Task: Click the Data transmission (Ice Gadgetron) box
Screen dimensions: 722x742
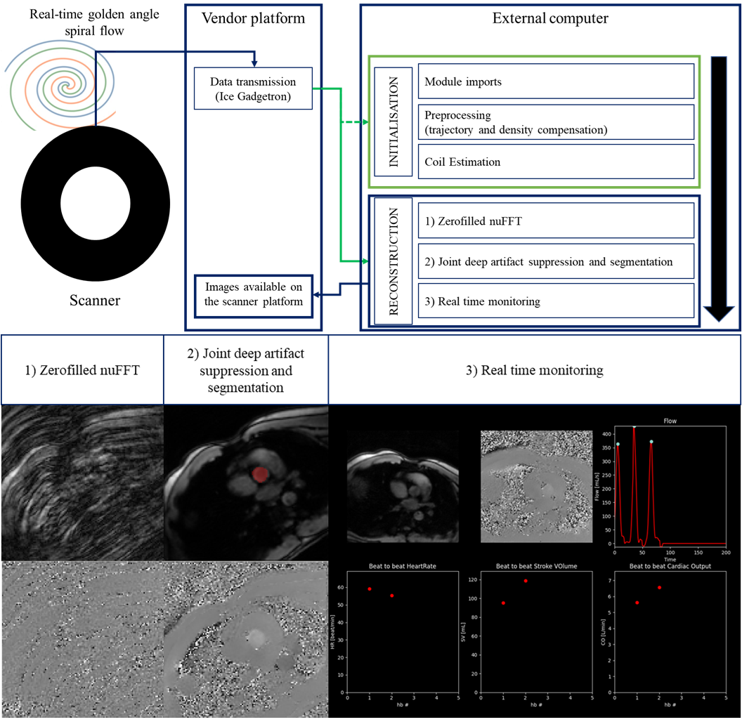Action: (x=252, y=89)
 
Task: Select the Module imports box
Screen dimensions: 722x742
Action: (x=556, y=82)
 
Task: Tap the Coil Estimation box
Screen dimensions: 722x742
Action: (x=556, y=162)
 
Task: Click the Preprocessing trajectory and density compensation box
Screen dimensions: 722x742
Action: (x=556, y=122)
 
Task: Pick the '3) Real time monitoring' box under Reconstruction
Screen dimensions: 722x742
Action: (x=556, y=301)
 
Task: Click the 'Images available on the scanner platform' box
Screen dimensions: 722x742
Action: (x=254, y=294)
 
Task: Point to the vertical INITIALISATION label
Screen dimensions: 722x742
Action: (x=393, y=122)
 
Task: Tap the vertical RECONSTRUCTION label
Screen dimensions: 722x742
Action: (x=393, y=261)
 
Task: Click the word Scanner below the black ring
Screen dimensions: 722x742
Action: (x=95, y=301)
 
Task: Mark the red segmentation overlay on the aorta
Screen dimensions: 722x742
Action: (x=261, y=475)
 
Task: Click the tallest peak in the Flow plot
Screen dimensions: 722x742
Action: (x=634, y=427)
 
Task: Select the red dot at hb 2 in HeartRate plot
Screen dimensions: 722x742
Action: (x=391, y=596)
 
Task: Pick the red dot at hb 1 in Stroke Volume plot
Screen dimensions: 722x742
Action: (x=503, y=603)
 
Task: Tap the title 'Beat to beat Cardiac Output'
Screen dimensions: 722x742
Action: (x=670, y=566)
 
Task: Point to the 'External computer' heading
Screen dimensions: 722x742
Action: (x=550, y=18)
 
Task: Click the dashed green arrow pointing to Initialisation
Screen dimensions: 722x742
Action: (x=355, y=122)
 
